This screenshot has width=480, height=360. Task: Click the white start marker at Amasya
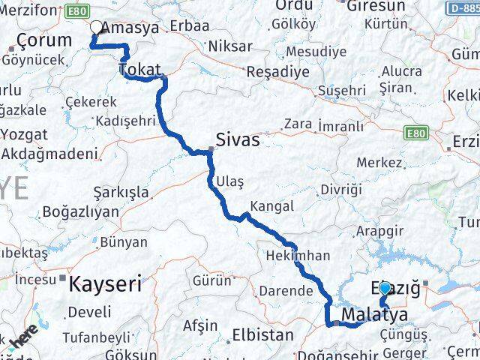(96, 28)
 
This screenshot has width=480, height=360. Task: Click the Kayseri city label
(105, 284)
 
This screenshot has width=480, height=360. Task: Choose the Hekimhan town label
(298, 256)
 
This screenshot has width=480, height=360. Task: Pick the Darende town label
(285, 290)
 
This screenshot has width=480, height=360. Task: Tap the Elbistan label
(263, 334)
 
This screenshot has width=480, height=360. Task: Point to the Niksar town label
(230, 46)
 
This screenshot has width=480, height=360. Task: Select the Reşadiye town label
(278, 73)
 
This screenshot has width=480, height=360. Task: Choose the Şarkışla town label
(121, 192)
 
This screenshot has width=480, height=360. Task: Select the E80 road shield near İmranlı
(415, 133)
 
